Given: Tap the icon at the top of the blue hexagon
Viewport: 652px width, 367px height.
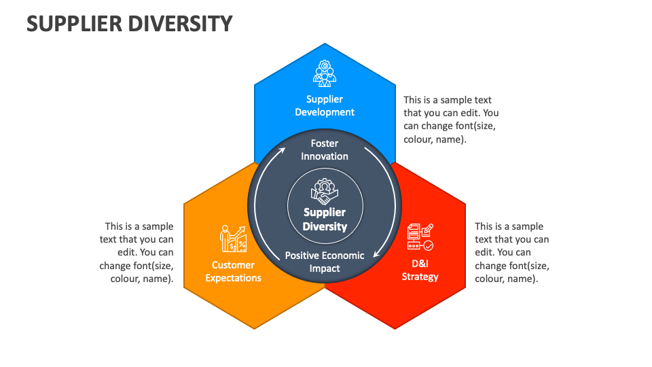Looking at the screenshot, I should click(325, 73).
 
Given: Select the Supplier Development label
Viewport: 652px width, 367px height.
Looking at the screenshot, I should click(325, 105).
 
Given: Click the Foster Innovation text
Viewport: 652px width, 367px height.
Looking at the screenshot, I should click(325, 150).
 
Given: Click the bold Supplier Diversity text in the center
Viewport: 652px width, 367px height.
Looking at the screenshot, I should click(325, 220).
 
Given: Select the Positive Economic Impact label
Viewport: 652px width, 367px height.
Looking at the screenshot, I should click(325, 262).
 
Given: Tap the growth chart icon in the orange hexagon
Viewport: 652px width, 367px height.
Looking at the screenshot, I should click(233, 239).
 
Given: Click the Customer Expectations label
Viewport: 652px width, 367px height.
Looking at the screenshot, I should click(233, 271).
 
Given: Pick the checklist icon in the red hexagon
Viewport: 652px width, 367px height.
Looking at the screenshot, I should click(420, 237).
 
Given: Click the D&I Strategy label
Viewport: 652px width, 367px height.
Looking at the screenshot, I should click(420, 270).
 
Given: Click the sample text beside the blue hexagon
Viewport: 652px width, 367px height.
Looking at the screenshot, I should click(451, 120).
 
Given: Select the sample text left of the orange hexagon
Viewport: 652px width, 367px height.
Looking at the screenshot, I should click(137, 252).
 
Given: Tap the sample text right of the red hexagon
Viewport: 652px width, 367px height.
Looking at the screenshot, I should click(511, 252).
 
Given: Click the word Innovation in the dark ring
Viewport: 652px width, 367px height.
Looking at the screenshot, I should click(325, 156).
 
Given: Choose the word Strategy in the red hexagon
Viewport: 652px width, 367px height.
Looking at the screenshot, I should click(420, 277).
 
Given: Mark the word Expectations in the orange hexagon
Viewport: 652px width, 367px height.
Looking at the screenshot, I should click(233, 278).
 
